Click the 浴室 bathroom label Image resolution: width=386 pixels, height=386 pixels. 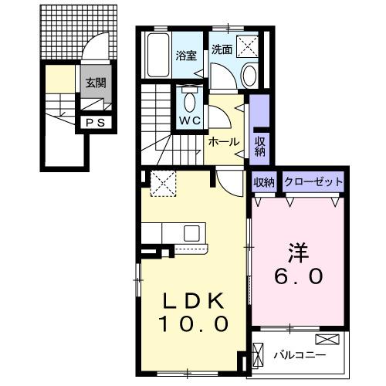pyautogui.click(x=185, y=55)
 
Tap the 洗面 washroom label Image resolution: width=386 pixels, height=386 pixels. pyautogui.click(x=222, y=48)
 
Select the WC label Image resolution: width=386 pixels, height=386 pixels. pyautogui.click(x=189, y=122)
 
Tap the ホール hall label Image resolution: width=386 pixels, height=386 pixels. pyautogui.click(x=224, y=142)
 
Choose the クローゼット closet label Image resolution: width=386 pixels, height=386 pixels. pyautogui.click(x=313, y=182)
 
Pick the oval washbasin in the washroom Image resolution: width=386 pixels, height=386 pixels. pyautogui.click(x=251, y=76)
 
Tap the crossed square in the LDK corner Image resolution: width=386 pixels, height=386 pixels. pyautogui.click(x=162, y=184)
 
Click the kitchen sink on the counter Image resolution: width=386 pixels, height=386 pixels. pyautogui.click(x=191, y=232)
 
